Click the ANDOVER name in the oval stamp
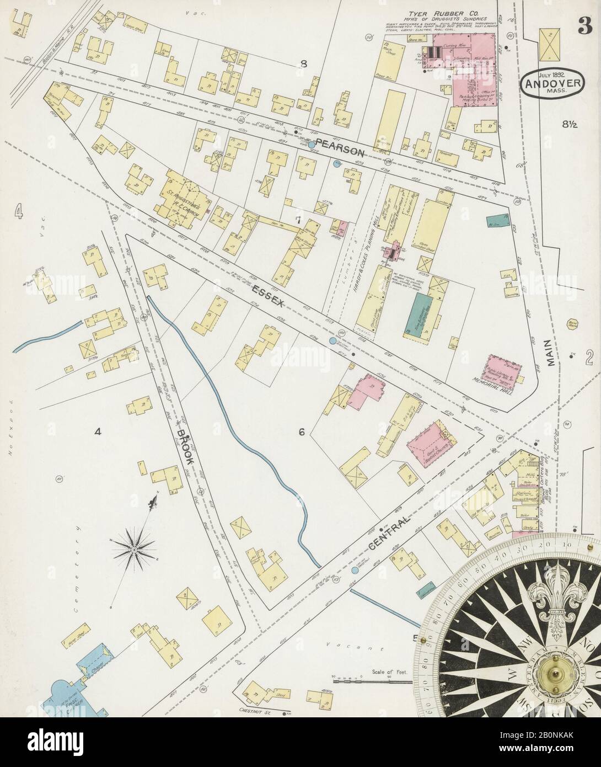point(551,86)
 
